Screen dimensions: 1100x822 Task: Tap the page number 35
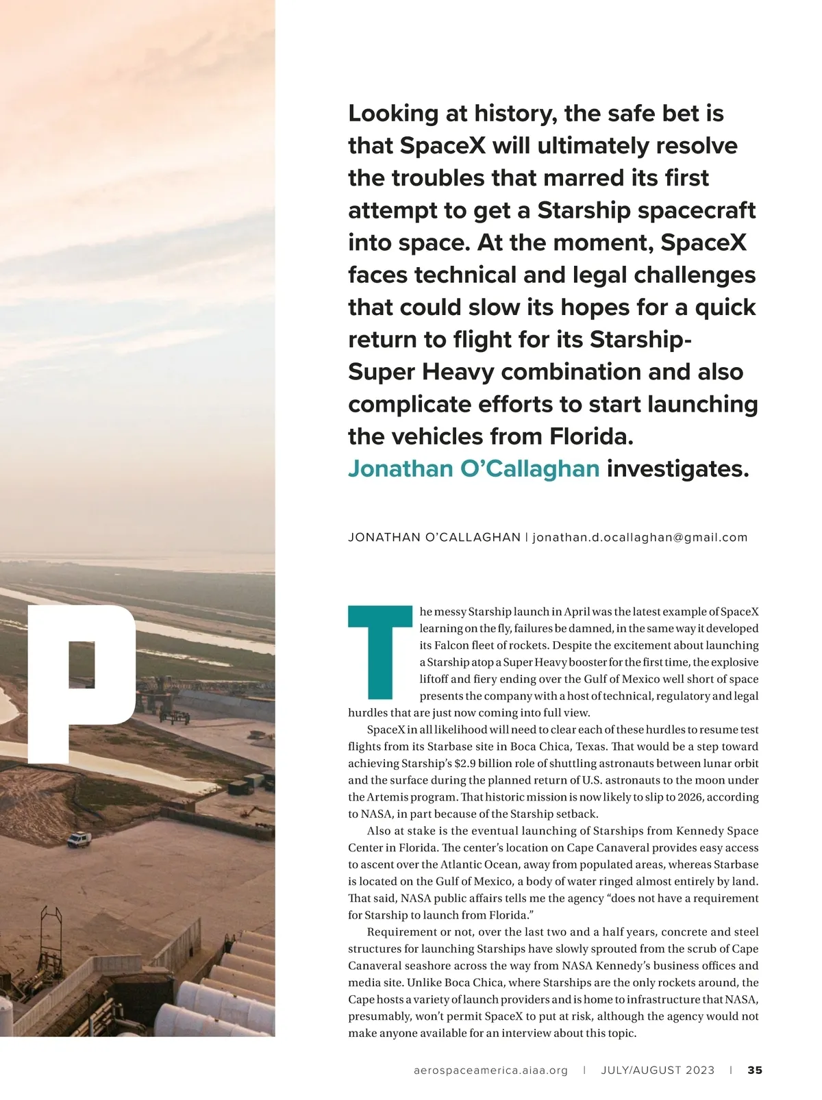[x=755, y=1070]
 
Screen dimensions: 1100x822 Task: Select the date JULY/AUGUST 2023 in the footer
[x=658, y=1070]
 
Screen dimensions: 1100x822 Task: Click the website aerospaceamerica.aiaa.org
[x=491, y=1070]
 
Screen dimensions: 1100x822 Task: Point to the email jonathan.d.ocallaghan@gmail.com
[x=640, y=537]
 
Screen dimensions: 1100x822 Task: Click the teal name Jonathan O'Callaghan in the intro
[x=473, y=468]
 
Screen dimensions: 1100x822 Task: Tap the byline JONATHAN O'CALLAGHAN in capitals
[x=434, y=537]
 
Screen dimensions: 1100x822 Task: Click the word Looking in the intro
[x=393, y=114]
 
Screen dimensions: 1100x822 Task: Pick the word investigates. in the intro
[x=678, y=468]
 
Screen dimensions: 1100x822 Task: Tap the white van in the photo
[x=78, y=840]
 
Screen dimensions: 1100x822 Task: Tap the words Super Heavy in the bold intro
[x=421, y=372]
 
